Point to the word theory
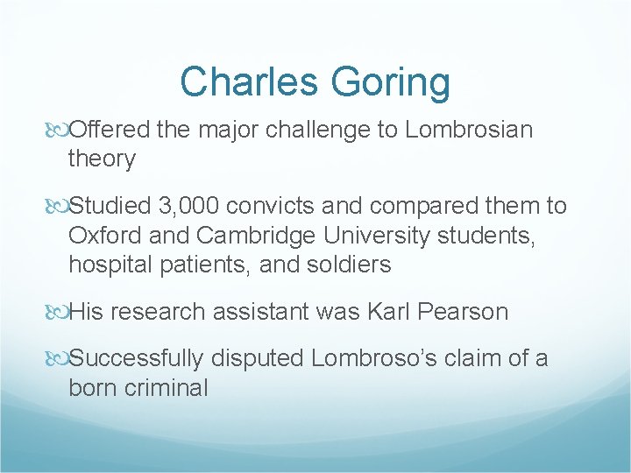pyautogui.click(x=102, y=159)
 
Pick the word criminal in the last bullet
pyautogui.click(x=166, y=388)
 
